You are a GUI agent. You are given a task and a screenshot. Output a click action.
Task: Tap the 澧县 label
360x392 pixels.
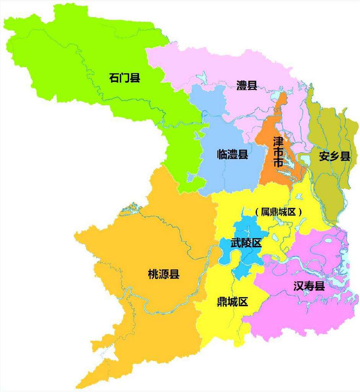(x=246, y=85)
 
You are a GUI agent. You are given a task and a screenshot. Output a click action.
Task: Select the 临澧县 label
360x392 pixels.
(x=232, y=155)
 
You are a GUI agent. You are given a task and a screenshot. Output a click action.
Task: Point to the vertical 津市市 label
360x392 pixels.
(x=278, y=152)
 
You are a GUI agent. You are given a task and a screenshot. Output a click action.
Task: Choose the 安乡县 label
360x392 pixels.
(x=334, y=156)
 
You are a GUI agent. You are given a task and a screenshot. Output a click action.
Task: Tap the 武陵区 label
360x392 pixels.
(x=246, y=243)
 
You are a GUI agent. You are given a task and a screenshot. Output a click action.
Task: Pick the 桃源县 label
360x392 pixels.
(x=164, y=274)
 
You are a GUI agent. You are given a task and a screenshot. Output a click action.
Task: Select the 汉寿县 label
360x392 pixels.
(x=309, y=286)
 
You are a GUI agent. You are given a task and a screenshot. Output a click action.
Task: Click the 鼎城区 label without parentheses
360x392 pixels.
(x=232, y=302)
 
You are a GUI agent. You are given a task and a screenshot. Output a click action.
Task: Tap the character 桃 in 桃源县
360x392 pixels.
(x=153, y=274)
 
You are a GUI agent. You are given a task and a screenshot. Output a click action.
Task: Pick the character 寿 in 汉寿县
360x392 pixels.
(x=309, y=286)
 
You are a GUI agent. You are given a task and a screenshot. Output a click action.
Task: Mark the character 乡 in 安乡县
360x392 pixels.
(x=334, y=156)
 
